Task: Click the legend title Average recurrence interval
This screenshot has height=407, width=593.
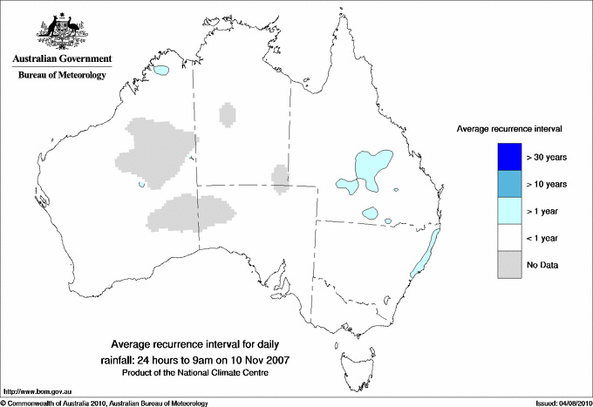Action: pyautogui.click(x=509, y=129)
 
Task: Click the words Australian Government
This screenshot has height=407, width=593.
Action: pyautogui.click(x=61, y=59)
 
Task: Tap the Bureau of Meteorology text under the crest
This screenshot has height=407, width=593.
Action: pyautogui.click(x=61, y=76)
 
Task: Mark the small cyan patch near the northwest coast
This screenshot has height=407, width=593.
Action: pyautogui.click(x=163, y=70)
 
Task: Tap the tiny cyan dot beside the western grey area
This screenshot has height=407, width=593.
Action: pyautogui.click(x=141, y=185)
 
